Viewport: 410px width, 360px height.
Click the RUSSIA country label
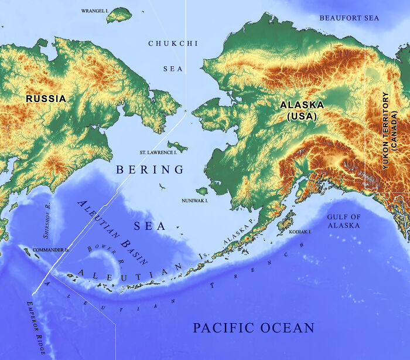point(46,99)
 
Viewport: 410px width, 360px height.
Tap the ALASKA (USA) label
point(302,110)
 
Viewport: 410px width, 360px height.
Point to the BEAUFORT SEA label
point(349,18)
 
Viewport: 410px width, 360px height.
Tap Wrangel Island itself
point(119,15)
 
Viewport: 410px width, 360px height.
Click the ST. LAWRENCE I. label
point(158,152)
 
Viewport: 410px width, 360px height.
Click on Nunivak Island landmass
point(202,191)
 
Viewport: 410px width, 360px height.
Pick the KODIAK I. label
point(300,232)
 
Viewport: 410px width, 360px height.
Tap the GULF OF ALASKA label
point(344,221)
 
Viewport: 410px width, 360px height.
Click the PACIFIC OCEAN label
point(254,328)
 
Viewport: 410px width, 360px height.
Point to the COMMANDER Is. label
point(51,250)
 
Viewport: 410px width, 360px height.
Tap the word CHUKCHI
point(173,43)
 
